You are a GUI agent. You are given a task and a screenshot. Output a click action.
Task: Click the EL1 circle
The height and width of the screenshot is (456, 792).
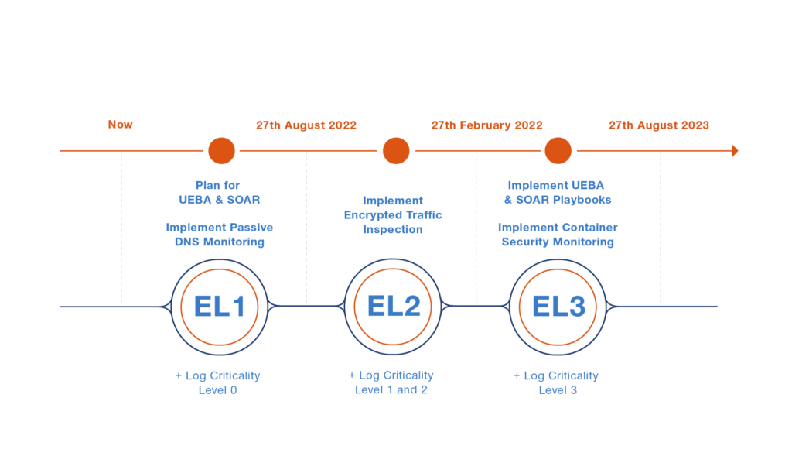pyautogui.click(x=220, y=307)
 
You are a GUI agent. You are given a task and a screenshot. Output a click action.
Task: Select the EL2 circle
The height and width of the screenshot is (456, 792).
pyautogui.click(x=394, y=307)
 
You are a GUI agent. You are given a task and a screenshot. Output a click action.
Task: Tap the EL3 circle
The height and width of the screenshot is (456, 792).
pyautogui.click(x=558, y=307)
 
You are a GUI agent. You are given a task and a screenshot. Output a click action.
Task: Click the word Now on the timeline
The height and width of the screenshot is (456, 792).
pyautogui.click(x=121, y=125)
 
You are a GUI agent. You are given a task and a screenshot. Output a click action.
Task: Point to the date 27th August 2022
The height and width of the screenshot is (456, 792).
pyautogui.click(x=306, y=125)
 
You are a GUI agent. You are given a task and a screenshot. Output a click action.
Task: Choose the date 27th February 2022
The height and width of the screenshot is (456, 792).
pyautogui.click(x=486, y=125)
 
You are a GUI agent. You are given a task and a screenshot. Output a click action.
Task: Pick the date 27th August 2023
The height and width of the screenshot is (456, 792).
pyautogui.click(x=658, y=125)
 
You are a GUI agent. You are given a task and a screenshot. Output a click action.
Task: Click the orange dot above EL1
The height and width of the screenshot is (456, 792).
pyautogui.click(x=221, y=150)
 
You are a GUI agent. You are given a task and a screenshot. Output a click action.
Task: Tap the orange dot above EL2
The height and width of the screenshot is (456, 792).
pyautogui.click(x=396, y=150)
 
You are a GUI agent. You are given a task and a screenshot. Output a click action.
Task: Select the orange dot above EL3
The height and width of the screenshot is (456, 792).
pyautogui.click(x=558, y=150)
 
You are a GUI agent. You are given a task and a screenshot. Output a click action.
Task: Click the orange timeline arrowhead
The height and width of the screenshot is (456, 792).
pyautogui.click(x=735, y=150)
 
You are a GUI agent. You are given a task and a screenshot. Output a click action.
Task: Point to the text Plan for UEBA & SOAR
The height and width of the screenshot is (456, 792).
pyautogui.click(x=218, y=192)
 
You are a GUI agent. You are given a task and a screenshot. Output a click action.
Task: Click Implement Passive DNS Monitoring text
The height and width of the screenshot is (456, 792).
pyautogui.click(x=219, y=235)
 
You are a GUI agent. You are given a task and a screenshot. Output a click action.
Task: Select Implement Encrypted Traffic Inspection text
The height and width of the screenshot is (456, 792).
pyautogui.click(x=393, y=215)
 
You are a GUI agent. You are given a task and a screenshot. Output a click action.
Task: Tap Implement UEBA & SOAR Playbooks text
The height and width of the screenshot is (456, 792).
pyautogui.click(x=558, y=192)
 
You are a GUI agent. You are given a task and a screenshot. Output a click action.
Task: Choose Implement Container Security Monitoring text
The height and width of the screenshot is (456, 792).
pyautogui.click(x=558, y=235)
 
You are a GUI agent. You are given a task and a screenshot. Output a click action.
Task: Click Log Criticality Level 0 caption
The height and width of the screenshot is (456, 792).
pyautogui.click(x=218, y=382)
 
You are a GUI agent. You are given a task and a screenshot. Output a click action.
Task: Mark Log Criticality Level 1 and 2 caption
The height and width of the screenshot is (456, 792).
pyautogui.click(x=391, y=382)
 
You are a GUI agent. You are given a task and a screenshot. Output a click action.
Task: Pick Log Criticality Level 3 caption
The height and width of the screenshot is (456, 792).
pyautogui.click(x=557, y=382)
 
